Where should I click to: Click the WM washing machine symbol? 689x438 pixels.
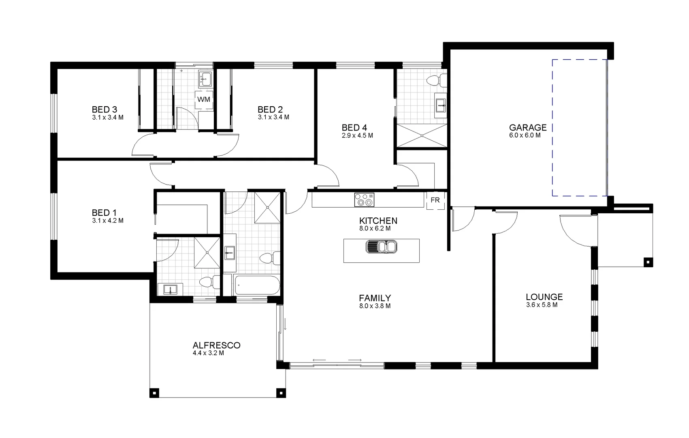(x=204, y=99)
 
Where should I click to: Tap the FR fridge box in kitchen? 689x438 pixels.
(x=435, y=200)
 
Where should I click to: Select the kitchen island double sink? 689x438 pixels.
(x=381, y=247)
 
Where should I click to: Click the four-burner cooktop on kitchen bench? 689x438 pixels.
(x=364, y=200)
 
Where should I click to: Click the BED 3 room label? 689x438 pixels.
(x=104, y=109)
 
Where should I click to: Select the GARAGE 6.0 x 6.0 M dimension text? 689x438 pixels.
(x=525, y=135)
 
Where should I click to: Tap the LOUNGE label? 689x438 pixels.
(x=544, y=297)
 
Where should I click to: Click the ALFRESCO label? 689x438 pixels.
(x=216, y=346)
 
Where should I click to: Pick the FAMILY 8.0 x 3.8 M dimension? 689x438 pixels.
(x=375, y=306)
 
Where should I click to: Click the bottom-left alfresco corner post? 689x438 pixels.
(x=154, y=393)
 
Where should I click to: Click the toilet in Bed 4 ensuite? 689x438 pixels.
(x=435, y=81)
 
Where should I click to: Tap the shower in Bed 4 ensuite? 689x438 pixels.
(x=421, y=135)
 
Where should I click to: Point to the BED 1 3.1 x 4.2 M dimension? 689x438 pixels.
(x=107, y=221)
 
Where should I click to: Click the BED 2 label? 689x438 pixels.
(x=270, y=109)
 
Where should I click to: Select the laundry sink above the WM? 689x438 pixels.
(x=205, y=79)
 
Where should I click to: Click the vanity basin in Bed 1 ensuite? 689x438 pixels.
(x=171, y=290)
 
